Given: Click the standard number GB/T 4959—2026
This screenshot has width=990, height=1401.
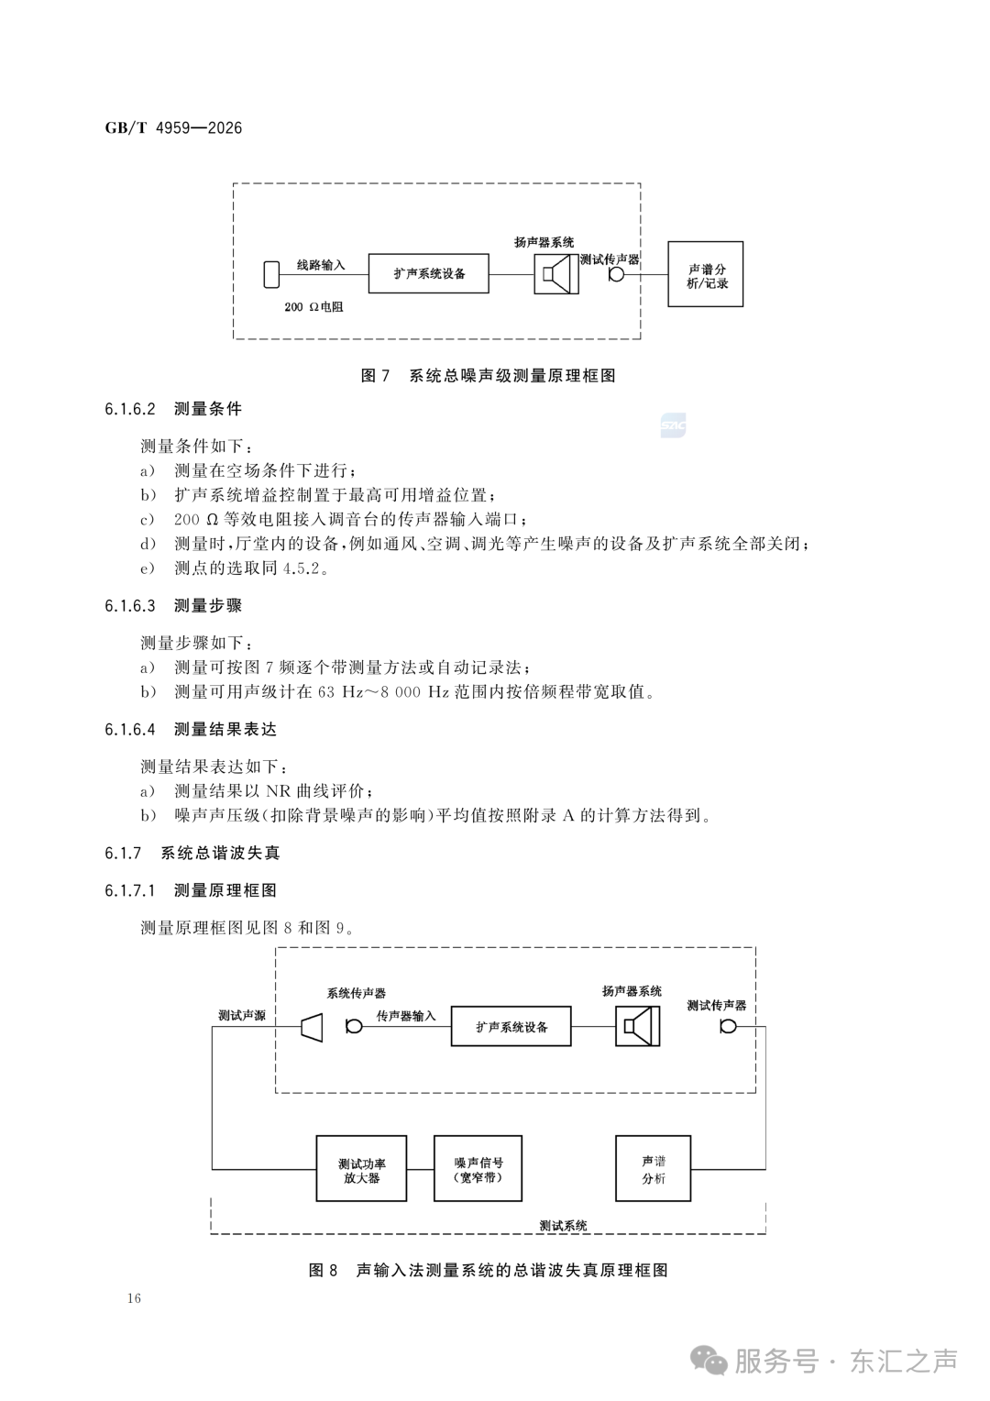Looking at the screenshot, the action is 173,128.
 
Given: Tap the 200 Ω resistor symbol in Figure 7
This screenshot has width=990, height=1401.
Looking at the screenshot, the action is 271,274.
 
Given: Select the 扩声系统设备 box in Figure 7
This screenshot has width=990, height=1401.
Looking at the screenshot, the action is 428,273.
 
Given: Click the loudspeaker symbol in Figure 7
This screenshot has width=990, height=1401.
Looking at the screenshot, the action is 556,274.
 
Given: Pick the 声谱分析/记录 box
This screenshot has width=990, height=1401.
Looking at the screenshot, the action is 706,274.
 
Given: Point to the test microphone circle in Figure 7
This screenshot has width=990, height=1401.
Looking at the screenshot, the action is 617,274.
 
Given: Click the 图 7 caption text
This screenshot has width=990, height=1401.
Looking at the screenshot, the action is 488,375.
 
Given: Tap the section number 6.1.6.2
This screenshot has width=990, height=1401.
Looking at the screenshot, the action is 129,409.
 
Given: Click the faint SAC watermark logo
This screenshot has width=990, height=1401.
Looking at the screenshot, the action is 673,426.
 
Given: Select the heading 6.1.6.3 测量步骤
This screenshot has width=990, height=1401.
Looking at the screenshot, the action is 173,605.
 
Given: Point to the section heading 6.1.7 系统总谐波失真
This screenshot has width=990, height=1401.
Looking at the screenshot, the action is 192,853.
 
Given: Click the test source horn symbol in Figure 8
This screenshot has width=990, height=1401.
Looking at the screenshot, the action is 312,1027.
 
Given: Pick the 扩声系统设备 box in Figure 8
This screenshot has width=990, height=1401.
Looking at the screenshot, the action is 511,1026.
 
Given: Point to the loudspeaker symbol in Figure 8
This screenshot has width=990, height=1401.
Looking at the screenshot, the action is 637,1026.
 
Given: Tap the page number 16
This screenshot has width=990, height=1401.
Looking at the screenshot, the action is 134,1298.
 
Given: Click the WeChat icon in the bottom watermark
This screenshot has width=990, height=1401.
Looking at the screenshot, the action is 709,1360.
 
